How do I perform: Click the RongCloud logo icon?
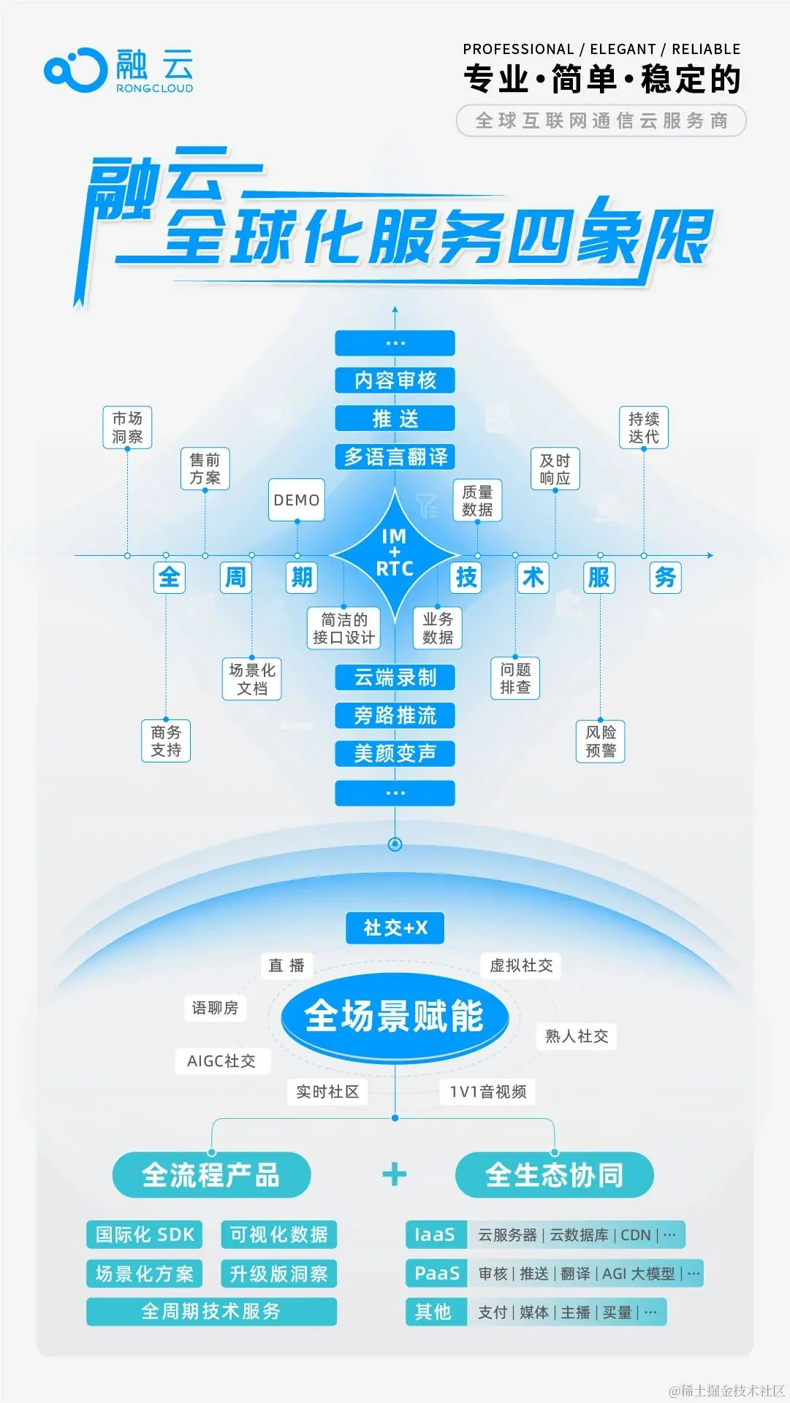75,70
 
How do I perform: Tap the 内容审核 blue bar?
395,381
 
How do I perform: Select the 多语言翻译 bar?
395,457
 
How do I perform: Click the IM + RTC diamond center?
395,554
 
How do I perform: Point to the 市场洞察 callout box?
127,427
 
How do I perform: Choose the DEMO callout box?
296,500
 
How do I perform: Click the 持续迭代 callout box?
643,427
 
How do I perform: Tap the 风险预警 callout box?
600,741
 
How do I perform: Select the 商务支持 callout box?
166,741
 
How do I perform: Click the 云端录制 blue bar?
395,678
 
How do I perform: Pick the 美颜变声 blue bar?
395,753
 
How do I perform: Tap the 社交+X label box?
395,928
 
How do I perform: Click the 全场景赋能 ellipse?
395,1016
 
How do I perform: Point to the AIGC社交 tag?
221,1061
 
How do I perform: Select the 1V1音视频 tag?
487,1092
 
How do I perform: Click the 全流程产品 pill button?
211,1175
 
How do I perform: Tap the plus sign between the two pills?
395,1174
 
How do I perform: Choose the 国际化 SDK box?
145,1235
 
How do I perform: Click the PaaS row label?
436,1274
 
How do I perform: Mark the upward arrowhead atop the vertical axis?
395,310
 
